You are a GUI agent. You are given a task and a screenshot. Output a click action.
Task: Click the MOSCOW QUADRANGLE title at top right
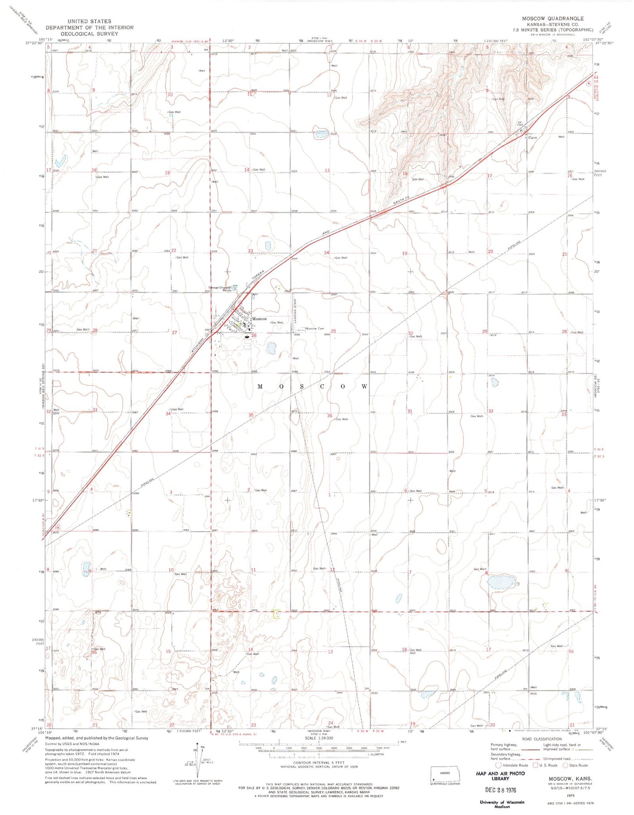[552, 18]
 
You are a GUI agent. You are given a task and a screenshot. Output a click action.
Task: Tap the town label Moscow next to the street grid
[259, 319]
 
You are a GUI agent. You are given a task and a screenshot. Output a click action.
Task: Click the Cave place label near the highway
[533, 138]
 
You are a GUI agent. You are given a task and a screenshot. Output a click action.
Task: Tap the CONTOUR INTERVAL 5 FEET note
[319, 762]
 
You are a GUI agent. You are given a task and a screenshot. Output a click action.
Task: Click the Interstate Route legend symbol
[498, 765]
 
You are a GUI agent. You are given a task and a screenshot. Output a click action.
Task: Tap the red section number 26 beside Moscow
[254, 336]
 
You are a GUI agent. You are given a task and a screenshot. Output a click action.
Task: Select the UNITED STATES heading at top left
[90, 21]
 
